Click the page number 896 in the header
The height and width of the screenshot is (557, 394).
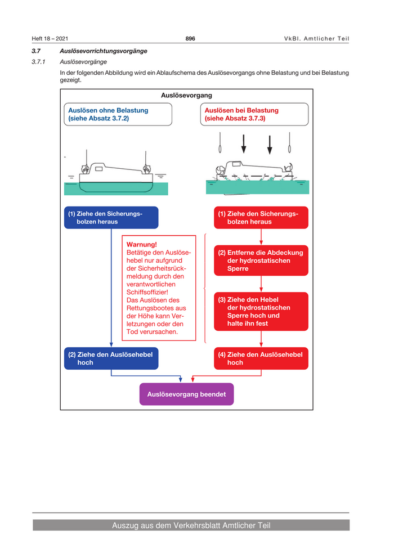tap(190, 38)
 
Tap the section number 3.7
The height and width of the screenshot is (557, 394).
tap(37, 51)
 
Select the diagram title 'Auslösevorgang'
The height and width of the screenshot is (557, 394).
tap(186, 96)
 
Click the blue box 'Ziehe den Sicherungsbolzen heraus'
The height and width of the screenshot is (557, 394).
tap(111, 218)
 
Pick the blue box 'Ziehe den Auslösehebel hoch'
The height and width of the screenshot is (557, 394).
tap(111, 358)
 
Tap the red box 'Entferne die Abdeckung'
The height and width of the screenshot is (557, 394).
tap(261, 260)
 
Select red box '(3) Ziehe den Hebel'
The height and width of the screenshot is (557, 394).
tap(261, 311)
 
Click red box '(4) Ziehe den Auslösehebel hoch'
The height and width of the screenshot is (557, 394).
tap(261, 358)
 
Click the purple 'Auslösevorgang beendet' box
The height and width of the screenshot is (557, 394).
tap(186, 394)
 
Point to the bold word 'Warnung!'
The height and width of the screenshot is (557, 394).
tap(142, 245)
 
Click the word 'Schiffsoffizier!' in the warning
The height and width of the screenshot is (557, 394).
tap(147, 292)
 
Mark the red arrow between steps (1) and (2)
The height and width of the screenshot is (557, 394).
tap(261, 237)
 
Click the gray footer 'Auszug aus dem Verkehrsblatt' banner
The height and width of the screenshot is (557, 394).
tap(191, 525)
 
